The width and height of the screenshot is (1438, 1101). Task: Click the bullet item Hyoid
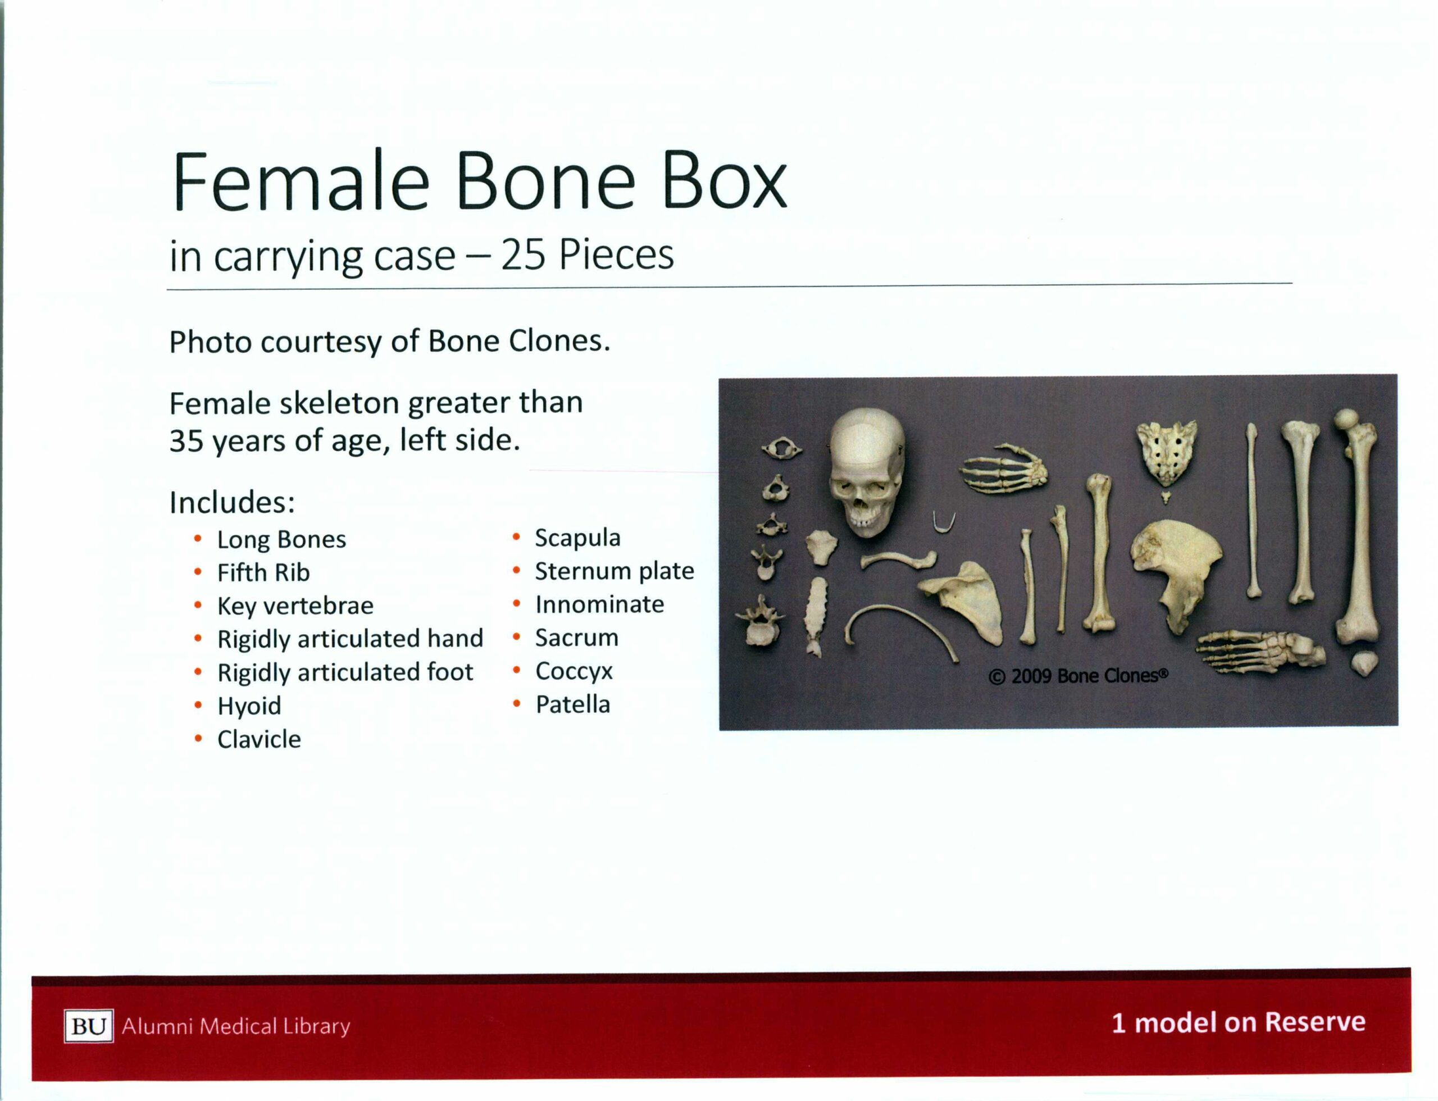[x=249, y=706]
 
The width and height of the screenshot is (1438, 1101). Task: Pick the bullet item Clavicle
[x=259, y=739]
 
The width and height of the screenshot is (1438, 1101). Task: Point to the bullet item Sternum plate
[x=614, y=571]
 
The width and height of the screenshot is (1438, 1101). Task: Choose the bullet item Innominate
[x=599, y=604]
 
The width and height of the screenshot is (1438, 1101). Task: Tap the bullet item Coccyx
[x=574, y=671]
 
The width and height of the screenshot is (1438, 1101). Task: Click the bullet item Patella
[x=572, y=704]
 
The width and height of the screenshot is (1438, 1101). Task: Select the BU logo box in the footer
[x=89, y=1026]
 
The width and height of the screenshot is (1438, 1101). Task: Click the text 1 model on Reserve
[x=1238, y=1022]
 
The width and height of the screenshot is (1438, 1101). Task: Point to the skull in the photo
[x=867, y=472]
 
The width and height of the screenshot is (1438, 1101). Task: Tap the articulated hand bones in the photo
[x=1004, y=468]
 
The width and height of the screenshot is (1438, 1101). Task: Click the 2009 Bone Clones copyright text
[x=1078, y=676]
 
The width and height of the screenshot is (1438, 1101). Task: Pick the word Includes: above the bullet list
[x=232, y=503]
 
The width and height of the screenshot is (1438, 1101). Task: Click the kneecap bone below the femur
[x=1364, y=663]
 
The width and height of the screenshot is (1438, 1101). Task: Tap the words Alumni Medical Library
[x=236, y=1026]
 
